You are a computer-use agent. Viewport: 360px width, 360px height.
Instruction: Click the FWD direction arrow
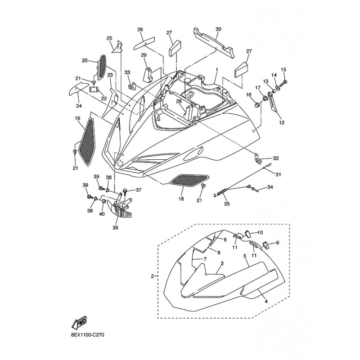80,322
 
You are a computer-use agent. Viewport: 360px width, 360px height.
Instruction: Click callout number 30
218,29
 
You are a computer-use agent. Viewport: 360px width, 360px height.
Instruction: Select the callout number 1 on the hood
216,70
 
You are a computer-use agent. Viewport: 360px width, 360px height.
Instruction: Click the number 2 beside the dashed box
152,276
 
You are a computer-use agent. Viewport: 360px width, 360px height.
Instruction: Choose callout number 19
77,119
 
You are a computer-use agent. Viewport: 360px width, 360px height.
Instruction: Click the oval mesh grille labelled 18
188,180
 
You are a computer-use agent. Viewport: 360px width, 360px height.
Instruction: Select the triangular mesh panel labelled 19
87,140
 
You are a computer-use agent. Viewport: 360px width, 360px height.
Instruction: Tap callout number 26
140,30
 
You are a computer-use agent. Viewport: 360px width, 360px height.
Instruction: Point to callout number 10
260,232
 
